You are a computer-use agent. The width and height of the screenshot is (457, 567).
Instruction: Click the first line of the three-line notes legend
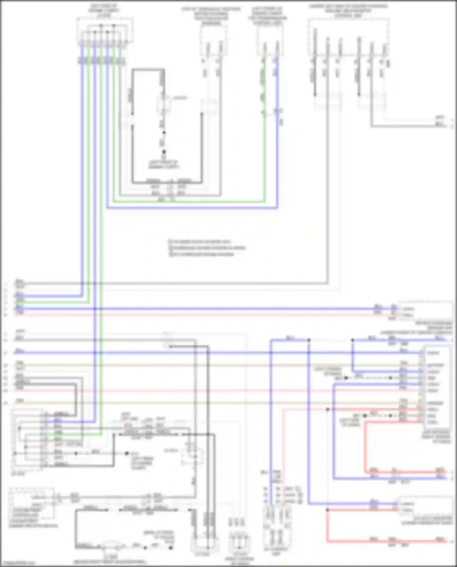(201, 241)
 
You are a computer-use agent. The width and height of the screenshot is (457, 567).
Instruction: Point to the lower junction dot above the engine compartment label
(164, 151)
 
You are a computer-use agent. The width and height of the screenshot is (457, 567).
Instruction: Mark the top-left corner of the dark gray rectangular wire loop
(133, 70)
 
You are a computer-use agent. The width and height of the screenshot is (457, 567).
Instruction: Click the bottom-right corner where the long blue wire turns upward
(277, 208)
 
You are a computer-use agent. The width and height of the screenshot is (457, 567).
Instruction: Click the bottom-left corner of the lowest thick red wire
(327, 542)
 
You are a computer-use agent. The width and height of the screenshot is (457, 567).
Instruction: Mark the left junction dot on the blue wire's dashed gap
(309, 340)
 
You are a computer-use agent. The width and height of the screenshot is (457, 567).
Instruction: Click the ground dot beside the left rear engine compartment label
(127, 453)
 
